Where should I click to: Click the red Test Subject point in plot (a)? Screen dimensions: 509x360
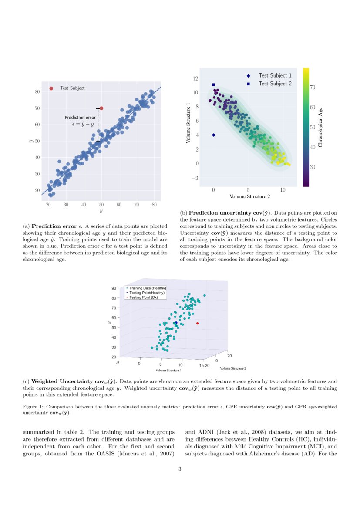[101, 108]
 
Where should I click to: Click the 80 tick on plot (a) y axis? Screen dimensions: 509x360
[37, 91]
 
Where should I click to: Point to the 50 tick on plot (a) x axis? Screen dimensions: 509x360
[101, 204]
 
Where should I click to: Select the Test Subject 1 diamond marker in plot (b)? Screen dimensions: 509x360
[213, 135]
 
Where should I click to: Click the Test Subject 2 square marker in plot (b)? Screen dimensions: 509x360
[213, 85]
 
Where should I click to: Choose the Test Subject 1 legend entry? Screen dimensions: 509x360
[275, 75]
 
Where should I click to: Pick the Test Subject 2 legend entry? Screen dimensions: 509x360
[275, 84]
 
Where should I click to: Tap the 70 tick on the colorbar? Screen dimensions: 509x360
[313, 88]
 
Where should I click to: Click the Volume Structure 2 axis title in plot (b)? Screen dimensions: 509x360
[248, 196]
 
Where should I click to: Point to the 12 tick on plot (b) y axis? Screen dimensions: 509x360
[195, 78]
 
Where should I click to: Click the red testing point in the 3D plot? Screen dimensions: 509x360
[197, 323]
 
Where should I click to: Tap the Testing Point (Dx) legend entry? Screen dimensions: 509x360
[143, 297]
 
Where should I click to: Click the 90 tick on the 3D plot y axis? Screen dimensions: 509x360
[114, 288]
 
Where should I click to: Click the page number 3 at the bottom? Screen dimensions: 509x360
[180, 469]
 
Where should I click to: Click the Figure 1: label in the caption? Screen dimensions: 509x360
[34, 406]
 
